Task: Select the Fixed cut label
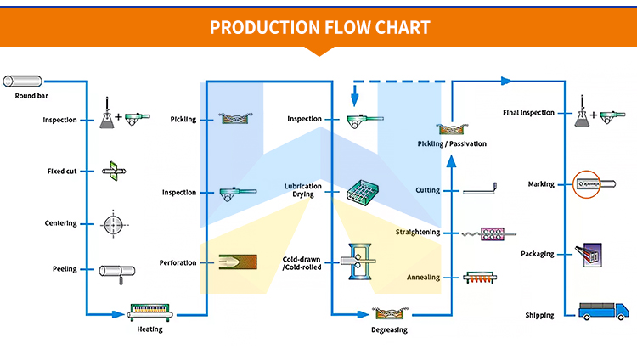tap(62, 172)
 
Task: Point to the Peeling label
tap(65, 269)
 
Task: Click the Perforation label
tap(178, 262)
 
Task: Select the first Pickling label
tap(183, 120)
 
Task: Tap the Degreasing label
tap(389, 329)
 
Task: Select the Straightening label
tap(418, 232)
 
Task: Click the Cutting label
tap(428, 190)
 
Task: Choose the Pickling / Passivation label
tap(453, 144)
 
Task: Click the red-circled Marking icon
tap(589, 183)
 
